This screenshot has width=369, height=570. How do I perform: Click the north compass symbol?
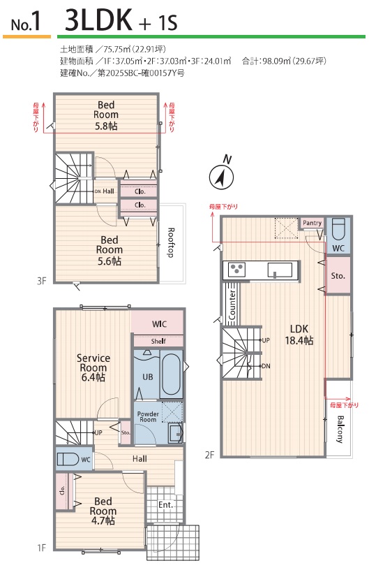(221, 177)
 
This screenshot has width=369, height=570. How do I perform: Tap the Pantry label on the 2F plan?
(312, 223)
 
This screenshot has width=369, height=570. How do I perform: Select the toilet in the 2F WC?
(338, 229)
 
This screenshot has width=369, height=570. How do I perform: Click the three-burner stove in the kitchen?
(237, 270)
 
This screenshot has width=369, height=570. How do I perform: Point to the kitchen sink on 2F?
(280, 270)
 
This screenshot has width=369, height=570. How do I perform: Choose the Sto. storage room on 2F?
(338, 275)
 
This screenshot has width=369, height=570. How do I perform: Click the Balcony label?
(340, 429)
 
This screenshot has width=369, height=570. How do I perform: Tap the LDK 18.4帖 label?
(299, 335)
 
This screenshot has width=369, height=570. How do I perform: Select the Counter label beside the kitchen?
(232, 305)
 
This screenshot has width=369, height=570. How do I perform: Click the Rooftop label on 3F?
(171, 243)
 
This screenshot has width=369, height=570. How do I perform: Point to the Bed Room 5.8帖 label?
(106, 115)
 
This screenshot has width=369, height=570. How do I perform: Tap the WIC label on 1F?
(159, 323)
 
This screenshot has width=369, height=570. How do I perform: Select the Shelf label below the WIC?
(158, 342)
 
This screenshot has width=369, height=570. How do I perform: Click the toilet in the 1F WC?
(68, 459)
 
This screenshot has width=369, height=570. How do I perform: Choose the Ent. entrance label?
(165, 504)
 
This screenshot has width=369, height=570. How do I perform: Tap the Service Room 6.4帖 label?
(93, 367)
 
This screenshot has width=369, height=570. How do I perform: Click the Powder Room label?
(148, 416)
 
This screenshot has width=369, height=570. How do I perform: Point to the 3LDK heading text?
(98, 20)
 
